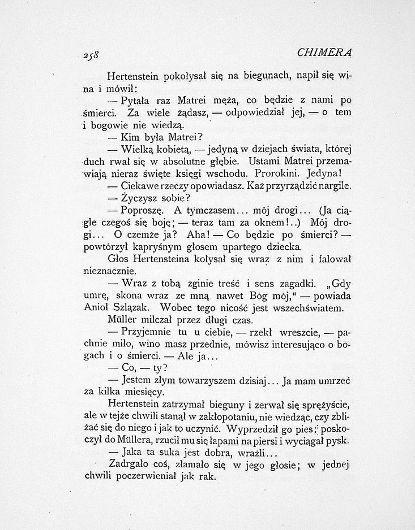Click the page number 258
[89, 55]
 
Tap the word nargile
[335, 185]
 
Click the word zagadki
[289, 284]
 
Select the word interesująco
[289, 345]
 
